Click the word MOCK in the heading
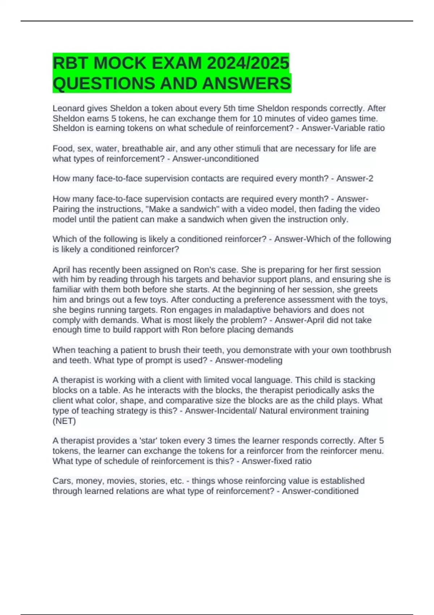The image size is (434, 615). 120,63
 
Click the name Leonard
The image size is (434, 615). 68,109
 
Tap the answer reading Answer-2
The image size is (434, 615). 354,178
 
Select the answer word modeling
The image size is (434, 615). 265,360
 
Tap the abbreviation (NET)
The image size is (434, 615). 64,421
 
